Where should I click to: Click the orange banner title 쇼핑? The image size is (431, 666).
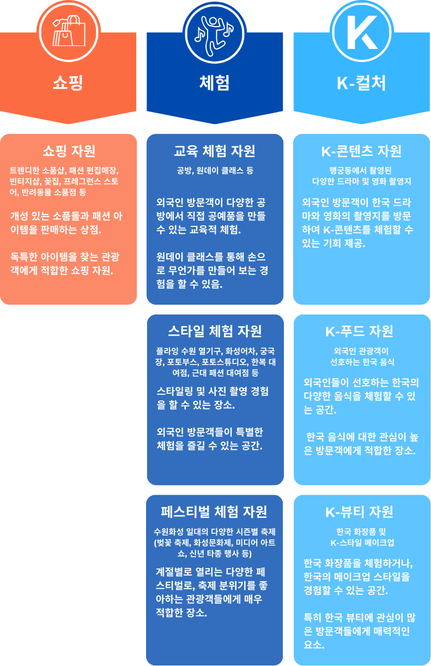click(x=68, y=83)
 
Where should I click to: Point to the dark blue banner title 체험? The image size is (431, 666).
click(x=215, y=83)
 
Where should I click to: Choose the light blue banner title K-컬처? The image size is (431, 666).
click(x=362, y=83)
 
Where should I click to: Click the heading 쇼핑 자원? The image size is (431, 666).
click(x=68, y=151)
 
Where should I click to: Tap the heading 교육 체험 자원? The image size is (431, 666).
click(x=215, y=151)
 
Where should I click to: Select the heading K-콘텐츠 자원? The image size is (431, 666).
click(x=362, y=151)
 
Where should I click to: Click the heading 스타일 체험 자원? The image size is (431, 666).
click(x=215, y=331)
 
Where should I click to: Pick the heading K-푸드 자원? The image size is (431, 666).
click(x=362, y=331)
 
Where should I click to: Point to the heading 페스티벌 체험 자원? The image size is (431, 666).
click(x=215, y=511)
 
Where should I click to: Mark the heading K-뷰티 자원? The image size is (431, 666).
click(x=362, y=511)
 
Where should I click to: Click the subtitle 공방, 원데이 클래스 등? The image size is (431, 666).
click(x=215, y=170)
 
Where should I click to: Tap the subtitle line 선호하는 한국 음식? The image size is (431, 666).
click(x=362, y=361)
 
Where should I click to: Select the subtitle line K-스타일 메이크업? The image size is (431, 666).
click(x=362, y=542)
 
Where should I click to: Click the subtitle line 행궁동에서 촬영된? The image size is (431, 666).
click(x=362, y=169)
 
